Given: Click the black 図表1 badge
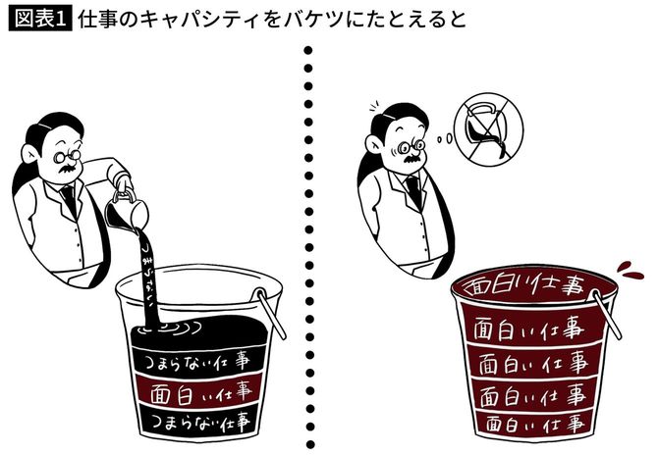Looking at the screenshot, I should click(x=38, y=20).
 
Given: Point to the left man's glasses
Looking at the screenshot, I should click(x=69, y=155).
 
